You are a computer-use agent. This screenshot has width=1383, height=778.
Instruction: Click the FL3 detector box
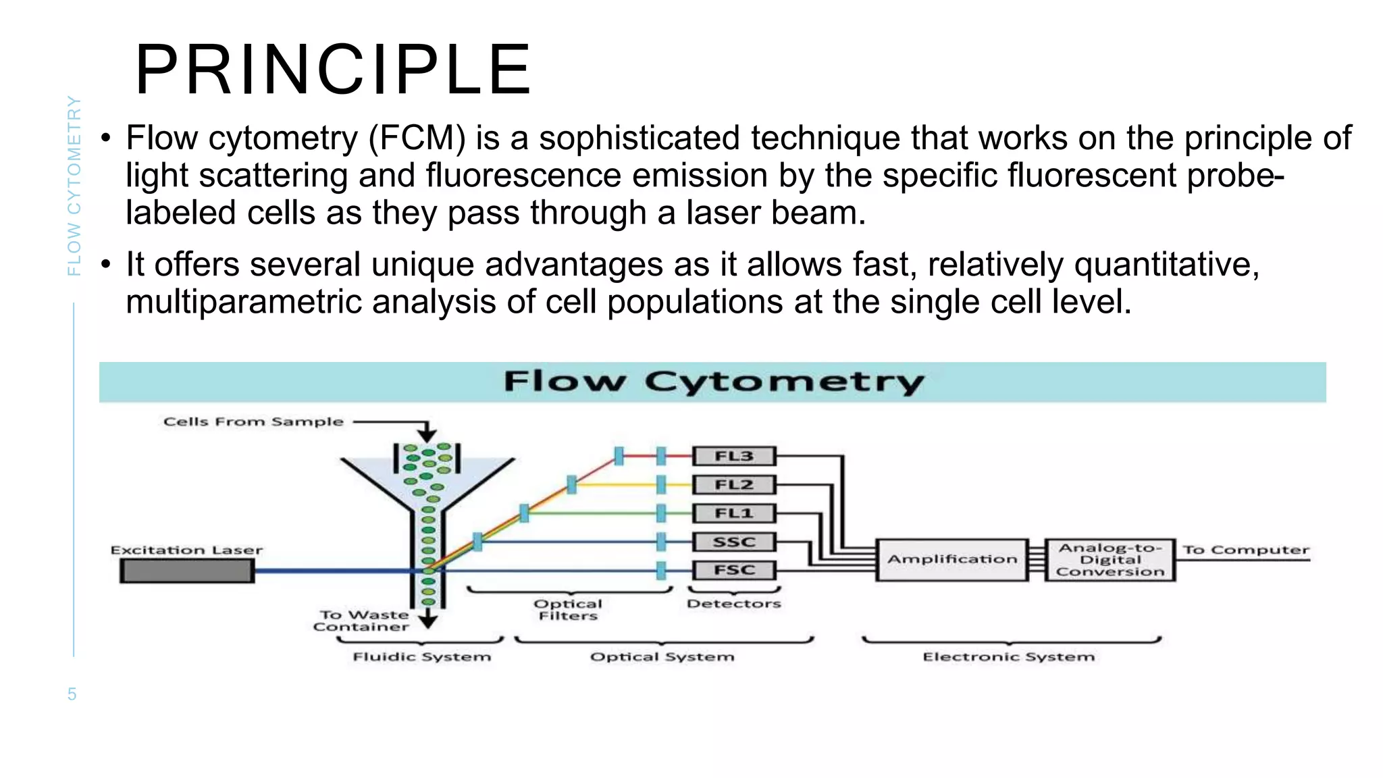(734, 457)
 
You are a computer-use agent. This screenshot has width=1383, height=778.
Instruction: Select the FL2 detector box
(734, 485)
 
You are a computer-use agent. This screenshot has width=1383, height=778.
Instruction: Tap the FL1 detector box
(734, 513)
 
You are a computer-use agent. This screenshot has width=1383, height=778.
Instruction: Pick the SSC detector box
(734, 542)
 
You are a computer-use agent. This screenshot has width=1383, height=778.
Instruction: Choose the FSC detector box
(734, 570)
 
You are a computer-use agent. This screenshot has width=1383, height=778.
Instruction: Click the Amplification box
(951, 559)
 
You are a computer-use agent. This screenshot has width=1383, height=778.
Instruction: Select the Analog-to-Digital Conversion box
(1110, 560)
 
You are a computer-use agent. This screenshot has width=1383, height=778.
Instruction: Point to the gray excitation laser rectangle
(186, 571)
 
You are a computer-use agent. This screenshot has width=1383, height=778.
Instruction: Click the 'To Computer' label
(1245, 550)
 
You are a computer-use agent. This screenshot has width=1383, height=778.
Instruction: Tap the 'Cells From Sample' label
(253, 422)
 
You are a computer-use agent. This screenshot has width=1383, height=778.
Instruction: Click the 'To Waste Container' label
(362, 621)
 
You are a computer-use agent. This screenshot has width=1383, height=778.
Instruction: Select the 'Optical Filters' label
(568, 610)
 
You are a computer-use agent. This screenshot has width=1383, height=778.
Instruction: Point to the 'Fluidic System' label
(422, 657)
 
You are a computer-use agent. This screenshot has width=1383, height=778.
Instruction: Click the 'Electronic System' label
(1009, 657)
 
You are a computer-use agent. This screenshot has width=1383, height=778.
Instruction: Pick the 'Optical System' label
(662, 657)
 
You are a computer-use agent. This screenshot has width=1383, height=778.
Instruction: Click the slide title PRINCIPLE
(334, 70)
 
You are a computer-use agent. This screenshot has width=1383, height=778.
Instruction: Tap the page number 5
(72, 694)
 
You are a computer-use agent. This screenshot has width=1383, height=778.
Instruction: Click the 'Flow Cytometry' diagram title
(713, 382)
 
